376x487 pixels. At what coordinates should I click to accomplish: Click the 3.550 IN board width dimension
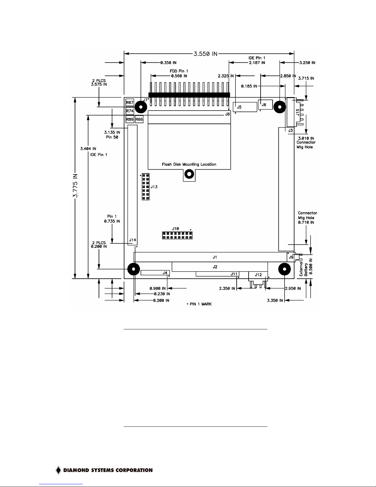pos(205,54)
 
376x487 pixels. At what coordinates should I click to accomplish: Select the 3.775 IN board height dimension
pos(75,186)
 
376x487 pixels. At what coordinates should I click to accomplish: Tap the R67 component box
pos(130,102)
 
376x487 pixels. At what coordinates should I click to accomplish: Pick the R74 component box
pos(130,111)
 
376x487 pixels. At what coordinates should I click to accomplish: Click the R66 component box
pos(139,120)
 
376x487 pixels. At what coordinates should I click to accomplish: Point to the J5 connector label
pos(239,107)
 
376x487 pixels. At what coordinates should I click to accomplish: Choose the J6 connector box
pos(265,105)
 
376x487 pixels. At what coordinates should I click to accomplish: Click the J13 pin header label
pos(154,187)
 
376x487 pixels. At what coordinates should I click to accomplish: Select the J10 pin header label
pos(176,229)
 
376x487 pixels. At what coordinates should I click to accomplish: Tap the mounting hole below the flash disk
pos(189,174)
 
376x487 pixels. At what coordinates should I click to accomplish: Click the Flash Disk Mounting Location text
pos(189,164)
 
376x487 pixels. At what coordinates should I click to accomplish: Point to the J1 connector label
pos(215,257)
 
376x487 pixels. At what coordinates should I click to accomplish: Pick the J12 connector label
pos(258,275)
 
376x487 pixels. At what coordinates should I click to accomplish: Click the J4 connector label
pos(165,273)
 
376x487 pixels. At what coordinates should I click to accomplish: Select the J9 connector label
pos(291,257)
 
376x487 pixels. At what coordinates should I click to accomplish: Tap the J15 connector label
pos(297,112)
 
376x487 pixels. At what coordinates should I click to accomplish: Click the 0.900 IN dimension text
pos(157,289)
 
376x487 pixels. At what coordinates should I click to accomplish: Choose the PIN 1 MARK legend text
pos(200,304)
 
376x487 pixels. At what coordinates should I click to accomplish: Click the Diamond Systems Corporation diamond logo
pos(58,470)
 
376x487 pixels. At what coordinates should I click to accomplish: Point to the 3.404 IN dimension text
pos(88,149)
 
